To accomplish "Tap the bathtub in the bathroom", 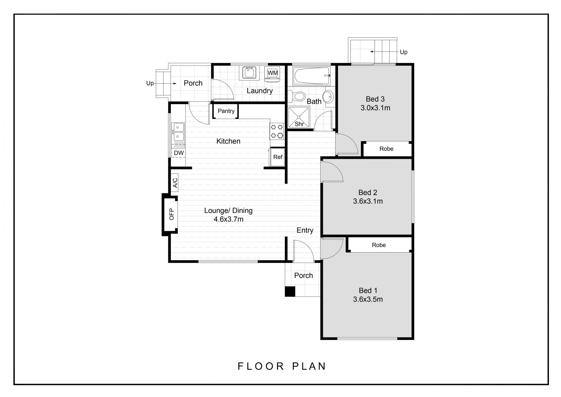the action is click(311, 75).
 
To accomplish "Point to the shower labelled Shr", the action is click(299, 117).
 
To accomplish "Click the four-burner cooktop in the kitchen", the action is click(277, 131).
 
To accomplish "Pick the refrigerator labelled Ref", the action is click(277, 157).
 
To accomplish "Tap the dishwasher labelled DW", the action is click(179, 153).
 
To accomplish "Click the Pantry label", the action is click(226, 111).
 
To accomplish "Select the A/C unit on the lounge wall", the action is click(175, 183).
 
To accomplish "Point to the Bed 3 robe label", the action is click(386, 149).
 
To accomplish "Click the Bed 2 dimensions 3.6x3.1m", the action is click(368, 201).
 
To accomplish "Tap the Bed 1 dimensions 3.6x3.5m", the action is click(368, 299).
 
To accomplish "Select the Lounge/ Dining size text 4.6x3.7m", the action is click(228, 219).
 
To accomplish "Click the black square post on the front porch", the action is click(290, 291).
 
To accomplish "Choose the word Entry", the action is click(305, 230).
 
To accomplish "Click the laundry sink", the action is click(249, 73).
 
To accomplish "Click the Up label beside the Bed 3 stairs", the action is click(404, 52).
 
